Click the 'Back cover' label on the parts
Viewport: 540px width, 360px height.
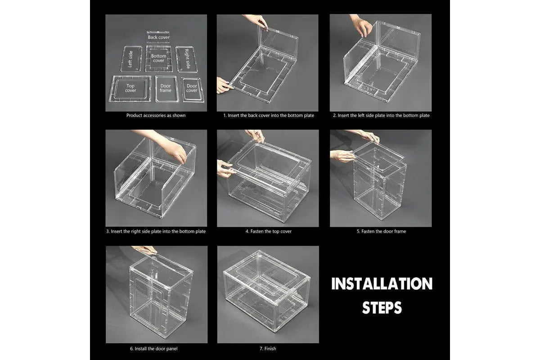[158, 37]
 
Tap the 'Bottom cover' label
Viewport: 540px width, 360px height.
[158, 58]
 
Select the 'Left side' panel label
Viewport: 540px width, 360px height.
[130, 59]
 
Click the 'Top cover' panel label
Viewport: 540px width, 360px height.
[130, 88]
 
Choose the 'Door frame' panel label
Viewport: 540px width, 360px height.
[165, 88]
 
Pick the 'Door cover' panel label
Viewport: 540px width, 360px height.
[192, 88]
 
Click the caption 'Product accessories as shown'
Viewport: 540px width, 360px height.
[156, 116]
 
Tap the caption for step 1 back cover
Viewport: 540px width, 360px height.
[269, 116]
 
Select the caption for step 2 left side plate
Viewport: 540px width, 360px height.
[381, 116]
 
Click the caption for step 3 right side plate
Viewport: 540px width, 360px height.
[156, 231]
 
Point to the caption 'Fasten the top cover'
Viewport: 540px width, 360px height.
[268, 231]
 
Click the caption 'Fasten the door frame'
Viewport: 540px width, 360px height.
[381, 231]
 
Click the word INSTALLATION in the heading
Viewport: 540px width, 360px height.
[382, 284]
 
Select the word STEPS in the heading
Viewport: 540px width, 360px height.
[382, 307]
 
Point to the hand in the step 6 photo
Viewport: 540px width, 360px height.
[147, 250]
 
